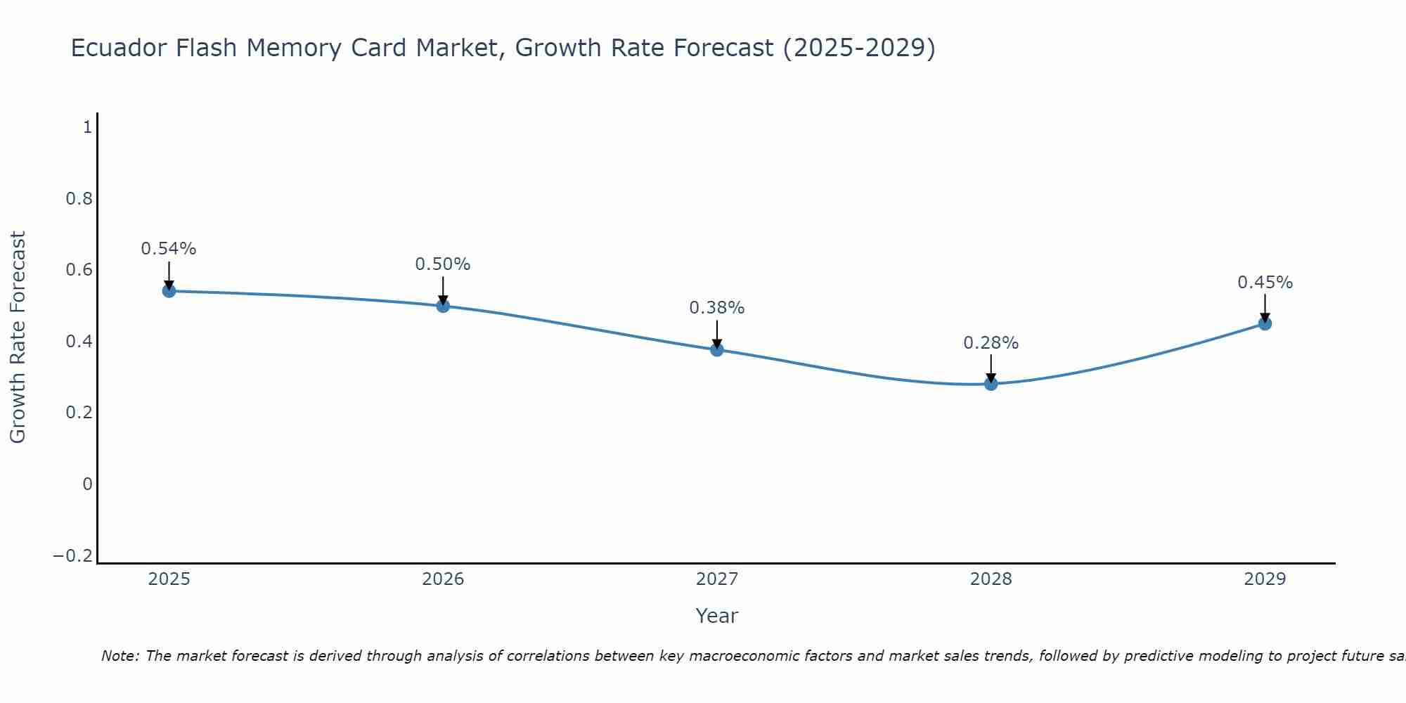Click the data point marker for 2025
(169, 291)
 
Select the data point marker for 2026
(443, 306)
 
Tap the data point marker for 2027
(717, 349)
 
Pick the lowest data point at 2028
(991, 384)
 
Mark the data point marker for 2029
(1265, 323)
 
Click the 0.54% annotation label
(169, 249)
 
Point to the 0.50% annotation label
(443, 264)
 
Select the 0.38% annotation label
(717, 308)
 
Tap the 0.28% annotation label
(991, 343)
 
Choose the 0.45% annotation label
(1265, 283)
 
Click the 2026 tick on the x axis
(443, 579)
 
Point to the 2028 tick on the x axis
(991, 579)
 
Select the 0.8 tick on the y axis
(79, 199)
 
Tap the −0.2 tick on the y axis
(73, 556)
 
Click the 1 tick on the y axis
(87, 127)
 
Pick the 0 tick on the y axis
(87, 484)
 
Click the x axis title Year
(716, 616)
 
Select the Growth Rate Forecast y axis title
(18, 337)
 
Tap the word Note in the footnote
(120, 656)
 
